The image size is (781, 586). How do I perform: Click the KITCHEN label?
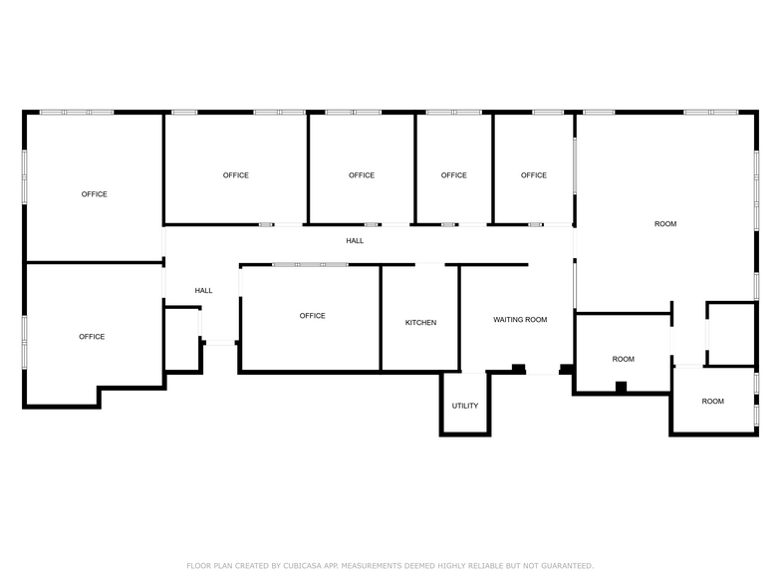click(x=420, y=323)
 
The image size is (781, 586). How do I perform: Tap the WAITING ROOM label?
click(x=520, y=319)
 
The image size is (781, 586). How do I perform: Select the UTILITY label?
click(x=464, y=406)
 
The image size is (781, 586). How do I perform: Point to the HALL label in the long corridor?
click(x=355, y=241)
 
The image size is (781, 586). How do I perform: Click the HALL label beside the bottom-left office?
click(x=203, y=291)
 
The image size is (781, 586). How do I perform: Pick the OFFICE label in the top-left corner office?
click(x=94, y=193)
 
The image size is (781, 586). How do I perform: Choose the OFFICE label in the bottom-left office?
click(x=92, y=337)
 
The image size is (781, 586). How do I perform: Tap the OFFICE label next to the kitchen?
click(x=313, y=315)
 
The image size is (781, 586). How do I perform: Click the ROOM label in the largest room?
click(x=665, y=223)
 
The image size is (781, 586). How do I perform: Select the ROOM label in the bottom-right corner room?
click(x=713, y=401)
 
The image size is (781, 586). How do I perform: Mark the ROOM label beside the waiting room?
click(x=624, y=359)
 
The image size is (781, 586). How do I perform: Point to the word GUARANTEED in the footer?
click(x=568, y=566)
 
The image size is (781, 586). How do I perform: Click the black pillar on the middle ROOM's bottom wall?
click(x=621, y=387)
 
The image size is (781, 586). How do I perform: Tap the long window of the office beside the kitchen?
click(x=310, y=265)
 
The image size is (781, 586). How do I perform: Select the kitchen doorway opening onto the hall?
click(x=430, y=265)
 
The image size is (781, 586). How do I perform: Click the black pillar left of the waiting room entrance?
click(x=518, y=369)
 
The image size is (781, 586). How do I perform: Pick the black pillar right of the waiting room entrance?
click(x=566, y=369)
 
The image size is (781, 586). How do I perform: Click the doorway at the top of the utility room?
click(x=473, y=372)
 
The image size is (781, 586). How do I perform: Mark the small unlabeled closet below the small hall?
click(x=183, y=339)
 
